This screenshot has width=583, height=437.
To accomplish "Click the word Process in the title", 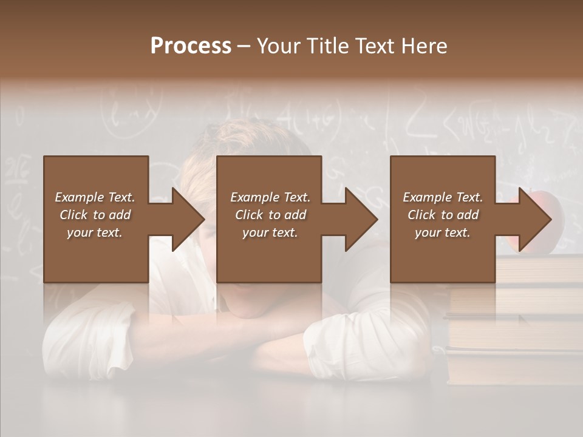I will pos(191,46).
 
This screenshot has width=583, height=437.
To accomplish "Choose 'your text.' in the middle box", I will pos(270,232).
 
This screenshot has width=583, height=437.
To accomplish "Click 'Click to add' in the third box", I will pos(443,215).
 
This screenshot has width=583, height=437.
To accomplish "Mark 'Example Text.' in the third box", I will pos(443,197).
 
